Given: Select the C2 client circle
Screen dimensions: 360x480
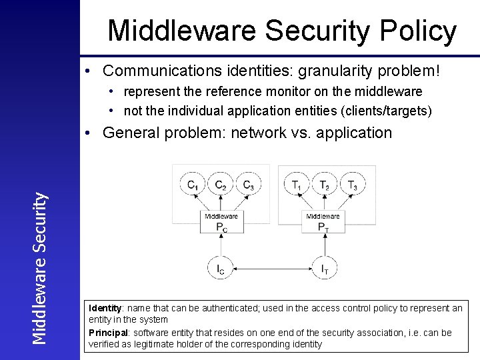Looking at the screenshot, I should click(221, 185).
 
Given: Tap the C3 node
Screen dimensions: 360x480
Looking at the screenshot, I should click(248, 185).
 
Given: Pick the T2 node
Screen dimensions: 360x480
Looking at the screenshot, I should click(324, 185).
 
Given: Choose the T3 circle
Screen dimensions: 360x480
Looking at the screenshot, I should click(351, 185).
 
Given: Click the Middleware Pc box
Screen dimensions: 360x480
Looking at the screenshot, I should click(221, 223).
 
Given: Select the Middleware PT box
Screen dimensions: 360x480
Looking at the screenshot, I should click(323, 223).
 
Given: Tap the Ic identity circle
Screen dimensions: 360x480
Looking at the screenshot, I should click(221, 269).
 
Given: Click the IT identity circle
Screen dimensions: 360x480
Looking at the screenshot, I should click(323, 269).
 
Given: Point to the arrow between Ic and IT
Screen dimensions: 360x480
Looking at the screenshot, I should click(272, 269).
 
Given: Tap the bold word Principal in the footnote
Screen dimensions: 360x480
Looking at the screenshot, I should click(108, 332).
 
